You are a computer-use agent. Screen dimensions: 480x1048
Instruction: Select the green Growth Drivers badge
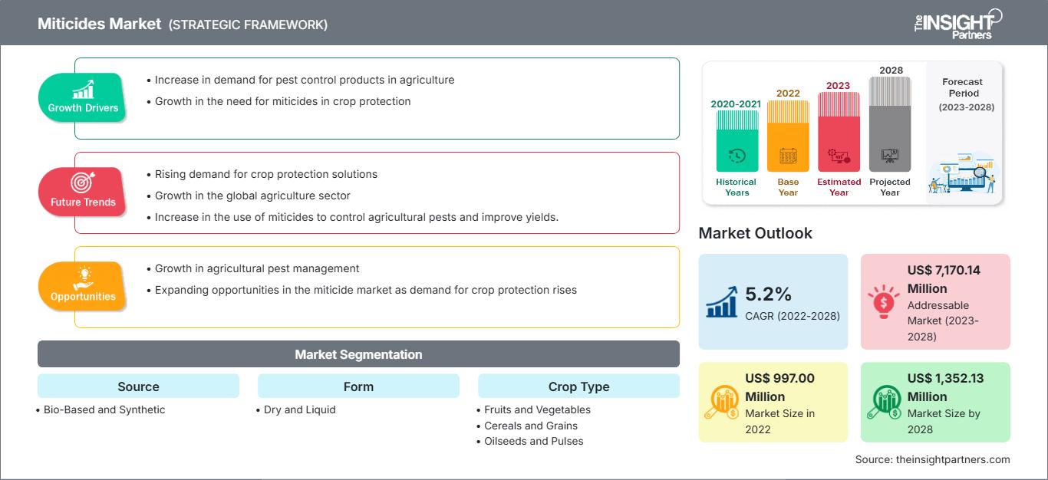83,97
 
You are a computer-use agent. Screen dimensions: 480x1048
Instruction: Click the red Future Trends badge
81,192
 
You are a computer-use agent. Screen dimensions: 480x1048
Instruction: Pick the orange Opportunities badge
82,286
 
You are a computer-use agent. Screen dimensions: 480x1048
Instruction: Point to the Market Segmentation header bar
358,354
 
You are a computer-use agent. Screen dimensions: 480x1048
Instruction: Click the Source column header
138,386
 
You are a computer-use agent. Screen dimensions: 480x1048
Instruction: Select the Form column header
358,386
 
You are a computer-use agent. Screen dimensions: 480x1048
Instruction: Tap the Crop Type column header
578,386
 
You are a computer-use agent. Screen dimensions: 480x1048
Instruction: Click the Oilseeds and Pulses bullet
533,441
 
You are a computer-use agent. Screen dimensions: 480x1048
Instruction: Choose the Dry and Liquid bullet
299,409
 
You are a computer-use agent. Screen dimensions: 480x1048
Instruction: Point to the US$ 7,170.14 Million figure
943,279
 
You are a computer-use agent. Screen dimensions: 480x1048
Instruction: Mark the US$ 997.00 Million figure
779,387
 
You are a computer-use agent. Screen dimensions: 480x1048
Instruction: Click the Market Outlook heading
755,233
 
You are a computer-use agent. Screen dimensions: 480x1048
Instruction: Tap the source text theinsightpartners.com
933,459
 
